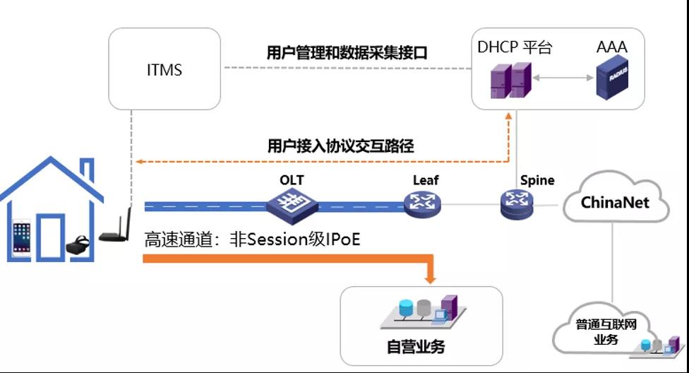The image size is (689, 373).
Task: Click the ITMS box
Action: (165, 69)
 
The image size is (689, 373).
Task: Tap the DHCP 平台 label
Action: (515, 48)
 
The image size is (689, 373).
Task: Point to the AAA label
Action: (611, 48)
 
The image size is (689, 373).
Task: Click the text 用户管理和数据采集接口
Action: (347, 53)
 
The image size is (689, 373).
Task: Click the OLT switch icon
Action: (292, 204)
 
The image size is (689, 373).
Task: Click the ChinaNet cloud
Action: (616, 202)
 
